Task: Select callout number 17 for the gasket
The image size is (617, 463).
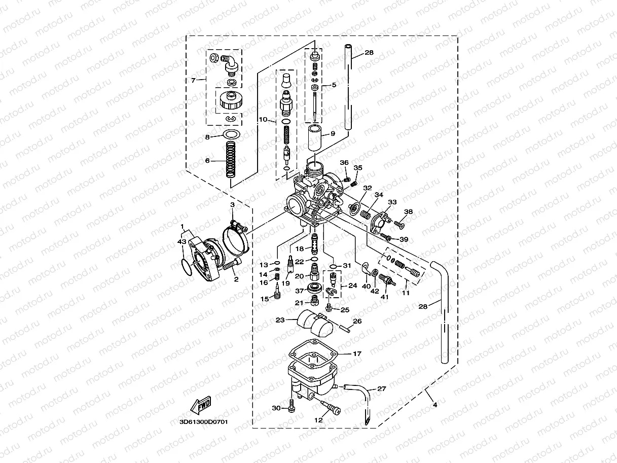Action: (x=357, y=353)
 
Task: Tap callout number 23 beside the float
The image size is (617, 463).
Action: (x=279, y=320)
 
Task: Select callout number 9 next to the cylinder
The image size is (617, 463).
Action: (x=333, y=134)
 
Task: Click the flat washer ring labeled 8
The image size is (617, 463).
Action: (x=231, y=135)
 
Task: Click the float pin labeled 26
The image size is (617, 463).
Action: (x=346, y=328)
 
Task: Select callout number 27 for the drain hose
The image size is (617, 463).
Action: (x=382, y=389)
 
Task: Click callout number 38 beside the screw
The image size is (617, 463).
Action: (x=409, y=211)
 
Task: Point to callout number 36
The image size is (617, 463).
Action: (x=344, y=163)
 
